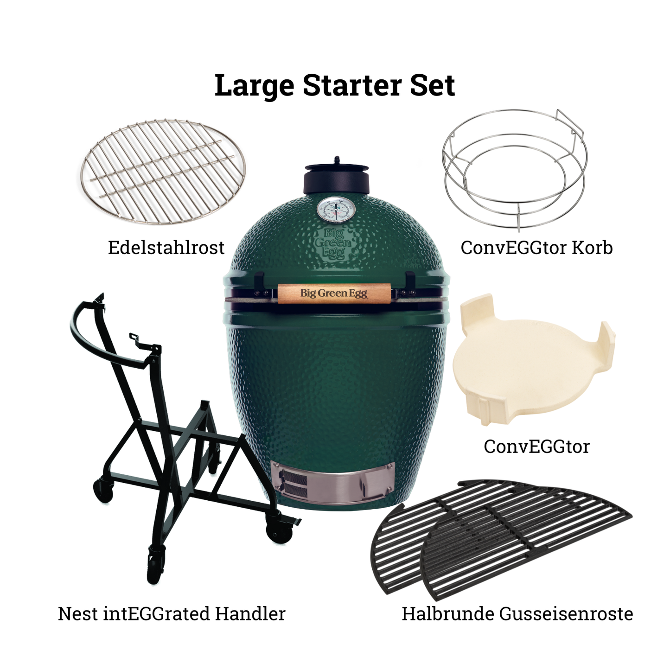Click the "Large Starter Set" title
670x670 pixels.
(x=335, y=86)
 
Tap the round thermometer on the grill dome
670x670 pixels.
(x=336, y=210)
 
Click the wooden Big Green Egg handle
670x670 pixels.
(x=334, y=294)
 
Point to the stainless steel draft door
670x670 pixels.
(x=333, y=483)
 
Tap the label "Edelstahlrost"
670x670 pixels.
(x=166, y=248)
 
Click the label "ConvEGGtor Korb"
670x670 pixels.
(x=536, y=248)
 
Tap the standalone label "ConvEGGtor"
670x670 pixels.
(x=536, y=447)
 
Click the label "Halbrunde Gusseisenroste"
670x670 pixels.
(x=517, y=614)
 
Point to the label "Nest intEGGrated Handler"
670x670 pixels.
(x=172, y=614)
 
